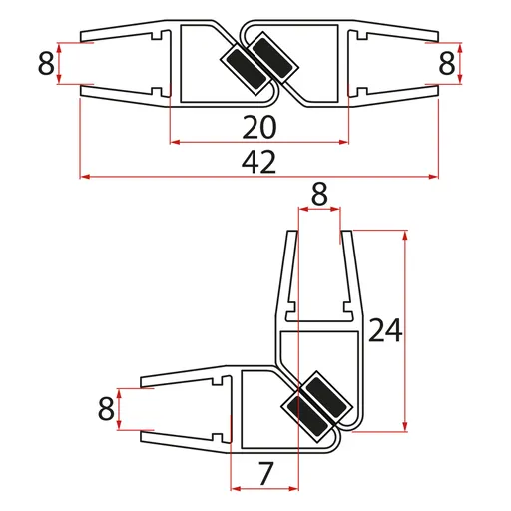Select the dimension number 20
[258, 126]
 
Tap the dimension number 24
[385, 330]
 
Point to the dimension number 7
[264, 474]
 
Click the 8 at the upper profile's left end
[45, 65]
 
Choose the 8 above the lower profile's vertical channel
[319, 196]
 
